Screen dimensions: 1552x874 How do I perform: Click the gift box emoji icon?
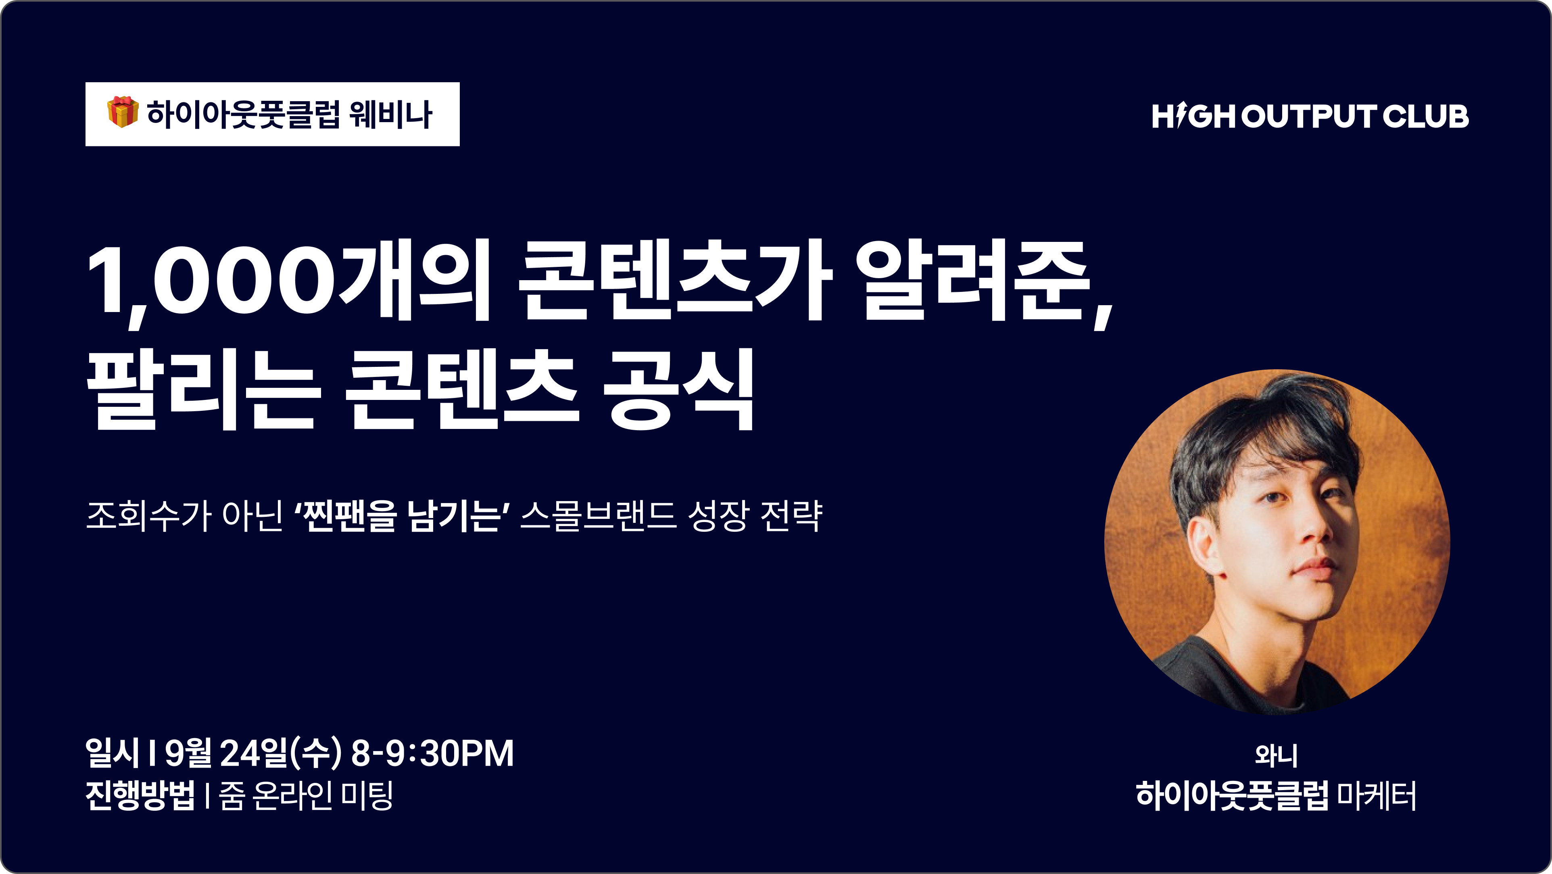123,112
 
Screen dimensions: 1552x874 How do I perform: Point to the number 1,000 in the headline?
211,283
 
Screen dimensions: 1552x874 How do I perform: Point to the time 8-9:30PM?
432,753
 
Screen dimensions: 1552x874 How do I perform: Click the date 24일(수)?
280,753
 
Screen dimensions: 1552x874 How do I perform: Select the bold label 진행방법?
140,795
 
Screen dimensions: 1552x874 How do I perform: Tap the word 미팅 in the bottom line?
367,795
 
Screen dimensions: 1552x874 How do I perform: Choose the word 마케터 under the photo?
1376,795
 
